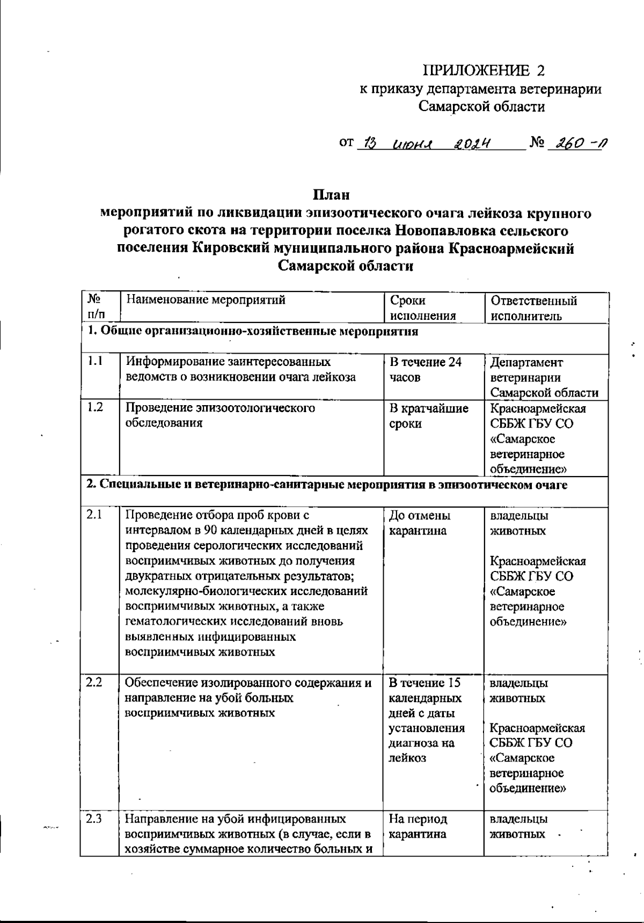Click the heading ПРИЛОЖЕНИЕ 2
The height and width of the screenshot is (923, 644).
(484, 71)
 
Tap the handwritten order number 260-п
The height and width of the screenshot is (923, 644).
(577, 144)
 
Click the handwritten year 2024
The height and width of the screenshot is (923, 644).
(472, 144)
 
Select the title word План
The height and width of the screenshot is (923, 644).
(331, 194)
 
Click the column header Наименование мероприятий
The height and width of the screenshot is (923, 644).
(206, 300)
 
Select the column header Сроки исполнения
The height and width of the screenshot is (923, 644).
(422, 308)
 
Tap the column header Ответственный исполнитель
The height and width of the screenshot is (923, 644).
(533, 308)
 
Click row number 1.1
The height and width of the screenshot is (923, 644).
(96, 362)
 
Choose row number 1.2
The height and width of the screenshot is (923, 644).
(96, 407)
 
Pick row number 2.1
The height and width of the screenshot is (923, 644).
(94, 515)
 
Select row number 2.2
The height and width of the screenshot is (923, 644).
(94, 683)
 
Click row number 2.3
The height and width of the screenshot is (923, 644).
(94, 819)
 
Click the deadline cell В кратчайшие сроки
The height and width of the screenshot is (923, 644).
(428, 416)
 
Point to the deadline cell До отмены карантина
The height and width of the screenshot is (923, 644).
(420, 523)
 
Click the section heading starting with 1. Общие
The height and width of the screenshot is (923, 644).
(253, 331)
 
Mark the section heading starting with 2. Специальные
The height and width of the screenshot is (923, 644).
(327, 485)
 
